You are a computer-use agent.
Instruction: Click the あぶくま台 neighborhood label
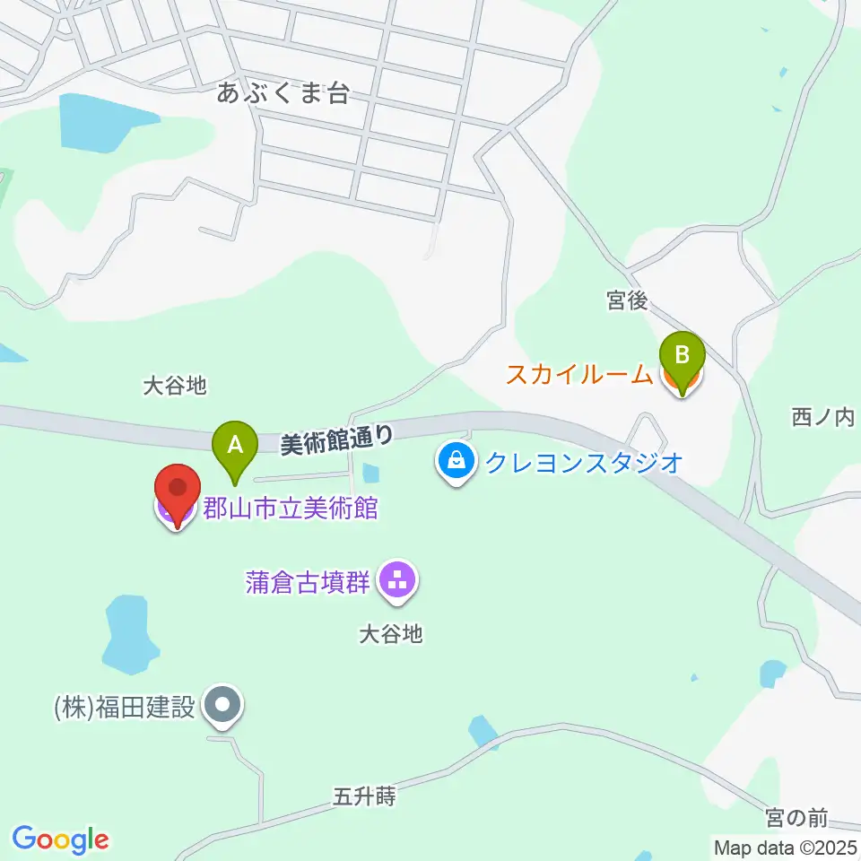pyautogui.click(x=283, y=93)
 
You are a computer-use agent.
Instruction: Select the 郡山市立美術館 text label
pyautogui.click(x=290, y=509)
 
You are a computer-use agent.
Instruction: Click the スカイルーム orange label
pyautogui.click(x=579, y=374)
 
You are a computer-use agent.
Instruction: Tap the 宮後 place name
pyautogui.click(x=627, y=301)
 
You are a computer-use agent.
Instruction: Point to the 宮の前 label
pyautogui.click(x=797, y=817)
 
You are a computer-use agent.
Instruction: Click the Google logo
pyautogui.click(x=60, y=839)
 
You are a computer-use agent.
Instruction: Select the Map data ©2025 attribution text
pyautogui.click(x=786, y=847)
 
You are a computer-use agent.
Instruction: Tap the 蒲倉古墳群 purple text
pyautogui.click(x=308, y=582)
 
